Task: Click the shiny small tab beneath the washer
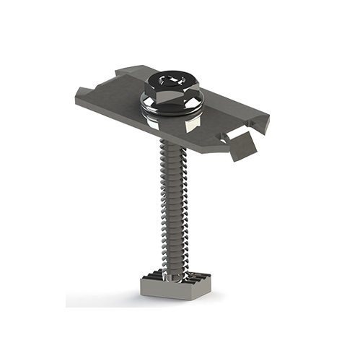pos(189,126)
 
